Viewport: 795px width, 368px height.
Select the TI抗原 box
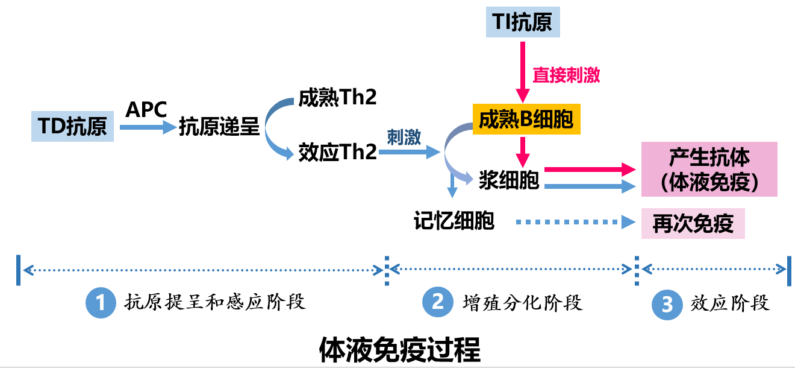523,22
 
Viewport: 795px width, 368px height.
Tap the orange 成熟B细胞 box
526,121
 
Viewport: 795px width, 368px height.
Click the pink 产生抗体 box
709,169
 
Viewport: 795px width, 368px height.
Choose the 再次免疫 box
693,224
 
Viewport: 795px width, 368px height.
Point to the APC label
146,110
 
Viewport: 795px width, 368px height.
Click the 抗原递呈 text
219,127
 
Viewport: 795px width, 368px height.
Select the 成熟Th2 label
337,97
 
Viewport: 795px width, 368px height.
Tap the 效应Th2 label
337,152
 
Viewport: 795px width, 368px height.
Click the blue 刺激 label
404,138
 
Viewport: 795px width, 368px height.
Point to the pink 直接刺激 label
566,75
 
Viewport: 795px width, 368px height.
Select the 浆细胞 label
509,180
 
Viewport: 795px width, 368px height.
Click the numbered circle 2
437,302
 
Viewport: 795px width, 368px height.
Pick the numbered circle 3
667,304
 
